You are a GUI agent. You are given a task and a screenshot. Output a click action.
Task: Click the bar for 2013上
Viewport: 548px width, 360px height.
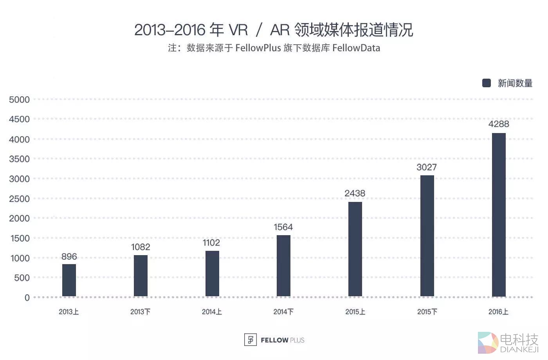click(x=69, y=280)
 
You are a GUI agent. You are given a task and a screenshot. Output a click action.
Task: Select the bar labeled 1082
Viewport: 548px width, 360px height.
click(x=141, y=275)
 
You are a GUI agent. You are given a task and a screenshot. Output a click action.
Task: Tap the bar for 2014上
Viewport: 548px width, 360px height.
click(x=212, y=274)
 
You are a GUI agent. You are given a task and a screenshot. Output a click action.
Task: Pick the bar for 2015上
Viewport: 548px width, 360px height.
click(x=355, y=249)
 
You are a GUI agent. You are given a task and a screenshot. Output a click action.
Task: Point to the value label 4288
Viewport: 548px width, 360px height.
click(x=499, y=124)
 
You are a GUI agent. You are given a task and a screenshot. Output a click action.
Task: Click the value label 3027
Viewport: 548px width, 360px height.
click(x=427, y=167)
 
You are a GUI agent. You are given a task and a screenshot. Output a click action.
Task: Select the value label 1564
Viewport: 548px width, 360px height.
click(x=283, y=227)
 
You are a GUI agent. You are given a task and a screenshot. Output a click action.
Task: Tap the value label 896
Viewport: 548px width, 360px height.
click(x=69, y=257)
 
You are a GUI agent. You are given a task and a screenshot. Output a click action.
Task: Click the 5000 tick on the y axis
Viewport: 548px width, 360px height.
click(x=19, y=100)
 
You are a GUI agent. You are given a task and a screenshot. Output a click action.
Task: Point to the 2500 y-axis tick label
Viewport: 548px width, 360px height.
click(x=19, y=199)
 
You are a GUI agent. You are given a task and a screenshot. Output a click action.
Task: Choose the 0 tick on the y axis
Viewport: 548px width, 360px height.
click(x=27, y=298)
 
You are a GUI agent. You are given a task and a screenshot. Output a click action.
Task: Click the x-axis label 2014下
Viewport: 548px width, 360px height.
click(x=283, y=312)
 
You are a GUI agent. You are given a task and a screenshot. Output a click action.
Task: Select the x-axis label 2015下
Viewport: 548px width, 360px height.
click(x=427, y=312)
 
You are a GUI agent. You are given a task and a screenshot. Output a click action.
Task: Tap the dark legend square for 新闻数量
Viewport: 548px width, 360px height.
click(x=487, y=83)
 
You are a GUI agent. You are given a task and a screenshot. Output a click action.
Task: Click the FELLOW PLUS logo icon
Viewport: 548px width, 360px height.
click(x=250, y=340)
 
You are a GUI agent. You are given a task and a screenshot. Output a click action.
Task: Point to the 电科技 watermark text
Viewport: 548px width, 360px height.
click(x=519, y=339)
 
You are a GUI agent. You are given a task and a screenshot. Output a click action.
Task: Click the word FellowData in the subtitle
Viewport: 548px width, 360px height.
click(x=356, y=48)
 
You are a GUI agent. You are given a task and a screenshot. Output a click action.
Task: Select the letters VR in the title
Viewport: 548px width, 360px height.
click(x=238, y=30)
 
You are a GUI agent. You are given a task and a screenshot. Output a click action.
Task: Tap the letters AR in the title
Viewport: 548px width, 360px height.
click(x=280, y=30)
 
